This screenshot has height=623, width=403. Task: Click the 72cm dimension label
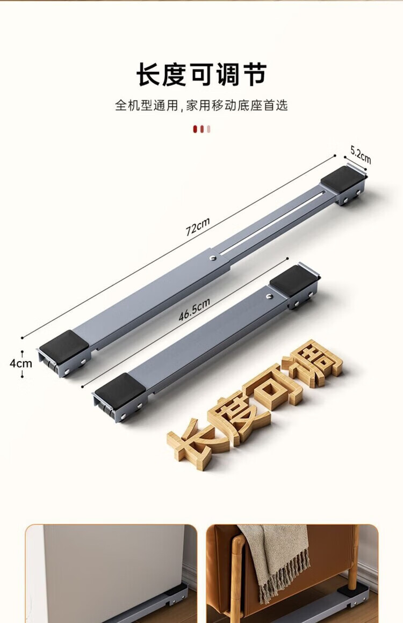tap(198, 226)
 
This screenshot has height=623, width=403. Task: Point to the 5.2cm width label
tap(361, 155)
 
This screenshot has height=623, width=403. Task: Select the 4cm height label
tap(20, 363)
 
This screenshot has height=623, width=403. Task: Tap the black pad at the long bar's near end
tap(63, 345)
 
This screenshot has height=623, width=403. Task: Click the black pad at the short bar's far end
tap(293, 281)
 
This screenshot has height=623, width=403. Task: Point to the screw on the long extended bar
tap(213, 258)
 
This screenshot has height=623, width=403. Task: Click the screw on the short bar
tap(269, 296)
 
